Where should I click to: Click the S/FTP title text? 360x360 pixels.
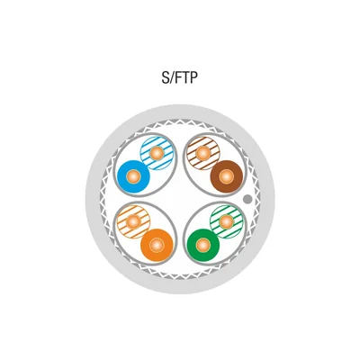coord(180,78)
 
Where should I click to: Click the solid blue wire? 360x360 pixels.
coord(133,176)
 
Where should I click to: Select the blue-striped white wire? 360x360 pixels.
coord(157,153)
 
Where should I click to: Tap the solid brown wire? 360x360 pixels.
coord(227,176)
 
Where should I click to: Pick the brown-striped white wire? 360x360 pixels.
coord(203,153)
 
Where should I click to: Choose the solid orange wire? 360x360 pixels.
coord(157,246)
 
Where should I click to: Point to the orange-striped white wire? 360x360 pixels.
coord(133,222)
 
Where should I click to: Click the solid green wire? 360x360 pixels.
coord(203,246)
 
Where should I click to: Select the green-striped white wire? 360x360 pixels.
coord(227,222)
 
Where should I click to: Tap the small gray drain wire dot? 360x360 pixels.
coord(247,199)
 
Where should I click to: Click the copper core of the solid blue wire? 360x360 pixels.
coord(133,176)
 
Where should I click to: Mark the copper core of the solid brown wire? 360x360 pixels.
coord(227,176)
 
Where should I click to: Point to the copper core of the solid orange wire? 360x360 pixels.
coord(157,246)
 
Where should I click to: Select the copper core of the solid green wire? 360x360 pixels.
coord(203,246)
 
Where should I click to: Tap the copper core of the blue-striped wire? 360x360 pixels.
coord(157,153)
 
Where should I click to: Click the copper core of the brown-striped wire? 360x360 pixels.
coord(203,153)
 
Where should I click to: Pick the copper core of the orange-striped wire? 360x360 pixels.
coord(133,222)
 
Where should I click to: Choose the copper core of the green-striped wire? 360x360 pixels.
coord(227,222)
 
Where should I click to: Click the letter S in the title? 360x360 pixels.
coord(166,78)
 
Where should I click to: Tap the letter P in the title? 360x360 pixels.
coord(194,78)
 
